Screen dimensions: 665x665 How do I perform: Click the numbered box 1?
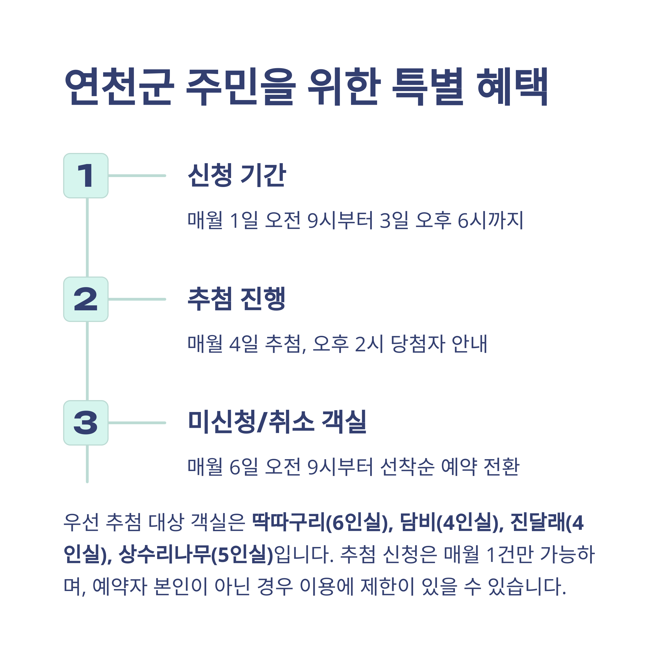click(86, 176)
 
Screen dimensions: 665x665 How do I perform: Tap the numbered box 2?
click(86, 299)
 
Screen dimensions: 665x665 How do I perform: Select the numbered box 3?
click(86, 423)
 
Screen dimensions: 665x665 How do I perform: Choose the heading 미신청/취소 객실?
click(277, 422)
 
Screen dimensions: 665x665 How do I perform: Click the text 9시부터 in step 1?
click(340, 220)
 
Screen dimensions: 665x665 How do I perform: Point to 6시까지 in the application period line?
click(490, 220)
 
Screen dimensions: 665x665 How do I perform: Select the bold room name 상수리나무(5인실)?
click(196, 554)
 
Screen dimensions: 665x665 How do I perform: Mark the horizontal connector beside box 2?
click(137, 299)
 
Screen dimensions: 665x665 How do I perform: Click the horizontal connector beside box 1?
click(137, 176)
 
